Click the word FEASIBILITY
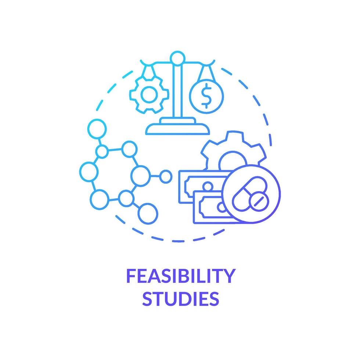180,276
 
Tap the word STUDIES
180,298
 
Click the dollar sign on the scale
206,96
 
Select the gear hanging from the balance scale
149,95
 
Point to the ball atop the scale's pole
178,58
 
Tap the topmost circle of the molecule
97,128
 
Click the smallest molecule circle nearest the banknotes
166,177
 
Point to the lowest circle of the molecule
148,212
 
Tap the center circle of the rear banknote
208,186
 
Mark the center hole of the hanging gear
149,95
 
